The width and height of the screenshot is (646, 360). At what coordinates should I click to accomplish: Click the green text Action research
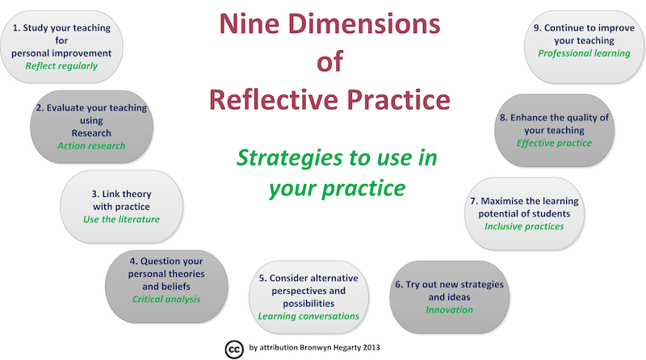tap(91, 146)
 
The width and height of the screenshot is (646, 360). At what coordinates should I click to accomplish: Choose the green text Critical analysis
tap(166, 299)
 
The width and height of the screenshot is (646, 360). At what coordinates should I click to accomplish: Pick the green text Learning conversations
tap(308, 316)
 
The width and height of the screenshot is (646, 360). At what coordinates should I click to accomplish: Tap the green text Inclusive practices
tap(524, 226)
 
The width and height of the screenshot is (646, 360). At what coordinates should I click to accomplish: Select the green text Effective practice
tap(554, 143)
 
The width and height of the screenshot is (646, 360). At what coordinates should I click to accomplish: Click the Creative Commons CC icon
tap(233, 347)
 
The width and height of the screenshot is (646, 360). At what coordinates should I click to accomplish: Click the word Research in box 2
tap(91, 133)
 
